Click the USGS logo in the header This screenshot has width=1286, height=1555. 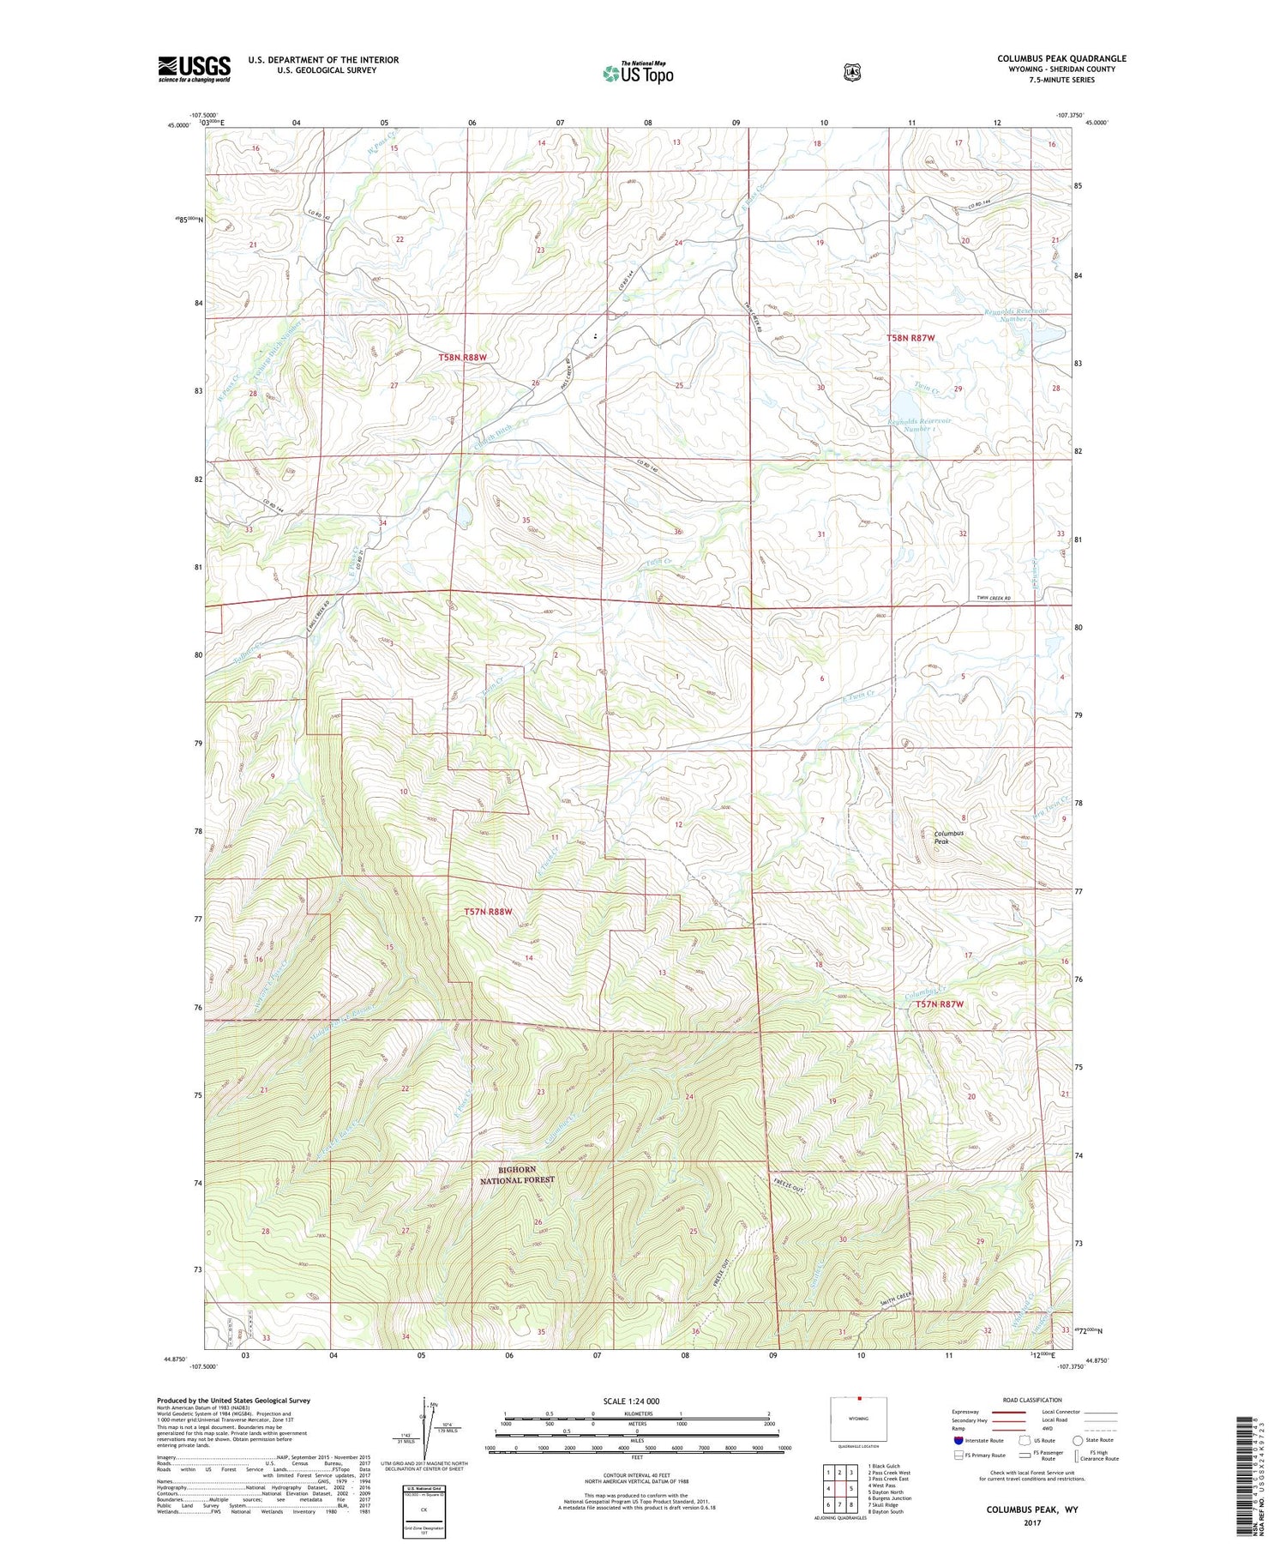pos(194,69)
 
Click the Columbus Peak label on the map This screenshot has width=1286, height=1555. pos(948,837)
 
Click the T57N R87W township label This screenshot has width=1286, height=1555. pos(945,1004)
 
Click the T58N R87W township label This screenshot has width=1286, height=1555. pos(910,338)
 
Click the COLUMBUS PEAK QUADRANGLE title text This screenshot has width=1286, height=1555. pos(1061,58)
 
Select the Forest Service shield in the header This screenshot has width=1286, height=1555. pos(851,73)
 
